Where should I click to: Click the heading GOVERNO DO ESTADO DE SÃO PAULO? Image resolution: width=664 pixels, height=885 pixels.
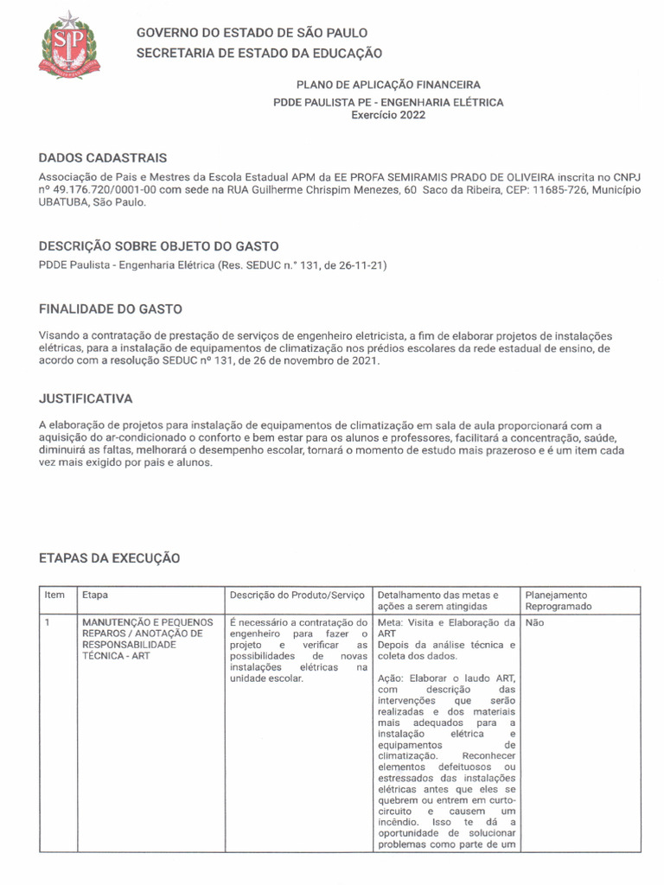tap(252, 33)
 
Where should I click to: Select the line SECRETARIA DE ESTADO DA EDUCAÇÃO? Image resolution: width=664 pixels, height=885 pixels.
tap(259, 54)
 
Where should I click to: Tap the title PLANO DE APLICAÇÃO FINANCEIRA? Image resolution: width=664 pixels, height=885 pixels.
tap(388, 86)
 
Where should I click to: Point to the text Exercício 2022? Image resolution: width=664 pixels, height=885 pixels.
tap(388, 115)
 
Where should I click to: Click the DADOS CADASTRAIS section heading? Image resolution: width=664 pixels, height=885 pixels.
tap(103, 158)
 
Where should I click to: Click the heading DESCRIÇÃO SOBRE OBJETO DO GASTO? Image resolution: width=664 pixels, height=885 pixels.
tap(158, 246)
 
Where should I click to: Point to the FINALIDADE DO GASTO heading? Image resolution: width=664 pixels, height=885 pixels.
tap(111, 309)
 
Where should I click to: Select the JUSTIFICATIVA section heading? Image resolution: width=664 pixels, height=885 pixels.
tap(86, 399)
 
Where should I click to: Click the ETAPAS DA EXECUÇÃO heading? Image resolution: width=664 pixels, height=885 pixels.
tap(110, 559)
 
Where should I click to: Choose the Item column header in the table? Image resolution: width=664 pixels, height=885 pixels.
tap(54, 595)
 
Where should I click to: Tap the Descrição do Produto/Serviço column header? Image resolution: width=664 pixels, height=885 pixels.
tap(297, 595)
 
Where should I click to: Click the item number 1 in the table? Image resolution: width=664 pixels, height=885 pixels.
tap(48, 622)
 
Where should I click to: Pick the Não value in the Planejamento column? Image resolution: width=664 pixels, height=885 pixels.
tap(534, 622)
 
